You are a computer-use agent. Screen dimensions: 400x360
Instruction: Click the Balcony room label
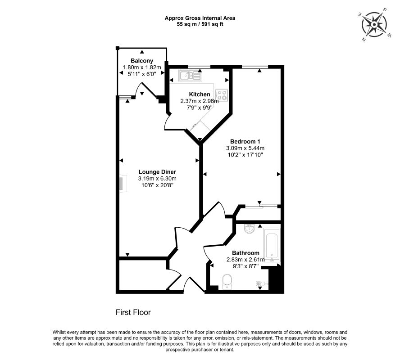point(142,61)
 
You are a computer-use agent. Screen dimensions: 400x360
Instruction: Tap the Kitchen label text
point(200,94)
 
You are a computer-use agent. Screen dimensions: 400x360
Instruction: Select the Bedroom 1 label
point(245,141)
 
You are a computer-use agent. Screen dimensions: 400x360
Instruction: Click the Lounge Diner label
point(157,172)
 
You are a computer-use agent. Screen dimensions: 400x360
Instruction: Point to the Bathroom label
point(245,253)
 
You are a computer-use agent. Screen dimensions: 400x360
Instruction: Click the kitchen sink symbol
point(190,76)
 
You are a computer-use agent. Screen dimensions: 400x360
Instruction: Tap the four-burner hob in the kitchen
point(221,95)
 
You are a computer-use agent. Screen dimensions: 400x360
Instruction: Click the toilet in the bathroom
point(227,282)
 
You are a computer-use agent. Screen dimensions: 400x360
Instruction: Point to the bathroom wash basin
point(249,229)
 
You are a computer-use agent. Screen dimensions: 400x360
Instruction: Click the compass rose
point(374,25)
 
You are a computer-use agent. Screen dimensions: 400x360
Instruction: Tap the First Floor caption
point(133,312)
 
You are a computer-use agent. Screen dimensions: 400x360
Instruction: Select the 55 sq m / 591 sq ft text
point(200,24)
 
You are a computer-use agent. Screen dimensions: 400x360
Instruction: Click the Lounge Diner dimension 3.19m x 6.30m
point(157,179)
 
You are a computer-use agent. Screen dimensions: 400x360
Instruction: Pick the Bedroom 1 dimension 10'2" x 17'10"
point(245,155)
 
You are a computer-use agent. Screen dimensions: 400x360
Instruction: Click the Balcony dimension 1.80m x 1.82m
point(142,67)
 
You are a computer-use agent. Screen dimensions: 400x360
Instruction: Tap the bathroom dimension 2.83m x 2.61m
point(245,260)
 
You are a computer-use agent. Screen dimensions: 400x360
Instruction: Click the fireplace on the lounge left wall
point(123,183)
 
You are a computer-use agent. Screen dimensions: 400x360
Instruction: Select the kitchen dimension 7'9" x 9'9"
point(200,108)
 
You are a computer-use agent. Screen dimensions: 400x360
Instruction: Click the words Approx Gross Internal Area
point(200,18)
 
